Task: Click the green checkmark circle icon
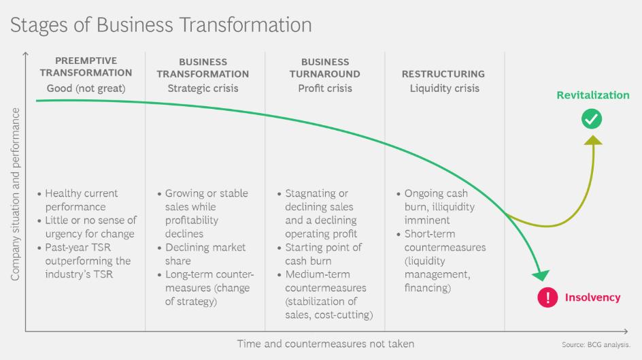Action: click(592, 119)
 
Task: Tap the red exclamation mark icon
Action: click(547, 297)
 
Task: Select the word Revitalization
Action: click(593, 95)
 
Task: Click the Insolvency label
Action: click(592, 297)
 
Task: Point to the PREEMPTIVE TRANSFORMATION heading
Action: click(86, 67)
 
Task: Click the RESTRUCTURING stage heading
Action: click(443, 74)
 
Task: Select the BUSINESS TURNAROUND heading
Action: click(325, 68)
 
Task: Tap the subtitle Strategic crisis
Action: click(203, 88)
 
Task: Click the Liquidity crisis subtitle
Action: click(444, 88)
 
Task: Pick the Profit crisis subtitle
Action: click(325, 88)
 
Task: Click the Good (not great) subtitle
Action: click(86, 88)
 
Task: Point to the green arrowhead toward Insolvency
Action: click(541, 276)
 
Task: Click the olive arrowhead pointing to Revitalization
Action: click(593, 140)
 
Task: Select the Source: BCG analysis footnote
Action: click(596, 345)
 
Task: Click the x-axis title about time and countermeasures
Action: click(326, 344)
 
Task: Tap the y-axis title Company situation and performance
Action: click(15, 194)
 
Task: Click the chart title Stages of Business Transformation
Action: click(161, 25)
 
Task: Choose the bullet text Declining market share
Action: click(201, 254)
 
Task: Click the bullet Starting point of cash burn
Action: click(320, 254)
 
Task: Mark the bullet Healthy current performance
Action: click(78, 200)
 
